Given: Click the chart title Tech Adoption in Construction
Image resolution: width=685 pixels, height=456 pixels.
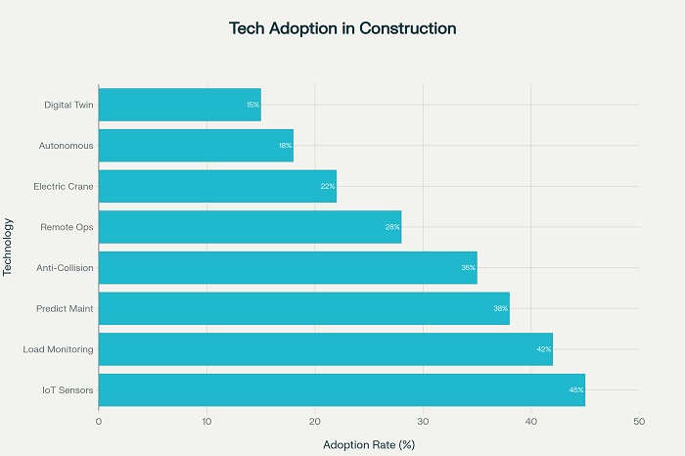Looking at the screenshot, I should click(x=342, y=28).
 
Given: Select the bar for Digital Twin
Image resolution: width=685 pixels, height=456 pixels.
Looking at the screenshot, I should click(x=179, y=105).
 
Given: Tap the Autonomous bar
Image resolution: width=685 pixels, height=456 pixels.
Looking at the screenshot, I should click(x=196, y=146).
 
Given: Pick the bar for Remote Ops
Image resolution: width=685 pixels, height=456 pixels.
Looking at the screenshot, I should click(x=250, y=227).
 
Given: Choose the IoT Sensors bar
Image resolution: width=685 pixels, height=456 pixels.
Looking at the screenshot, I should click(x=342, y=389).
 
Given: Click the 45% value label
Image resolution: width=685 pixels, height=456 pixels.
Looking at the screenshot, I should click(x=576, y=390).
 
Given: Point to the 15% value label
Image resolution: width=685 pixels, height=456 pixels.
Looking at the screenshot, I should click(x=252, y=105).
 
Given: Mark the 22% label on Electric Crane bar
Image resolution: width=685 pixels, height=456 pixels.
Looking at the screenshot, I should click(x=328, y=187).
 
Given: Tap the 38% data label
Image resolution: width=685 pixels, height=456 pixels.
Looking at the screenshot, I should click(x=501, y=308).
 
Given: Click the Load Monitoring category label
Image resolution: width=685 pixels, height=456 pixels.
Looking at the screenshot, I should click(x=58, y=349).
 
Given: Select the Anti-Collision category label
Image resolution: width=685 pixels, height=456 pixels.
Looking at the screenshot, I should click(x=64, y=268).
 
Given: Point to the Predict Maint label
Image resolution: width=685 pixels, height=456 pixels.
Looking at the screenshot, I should click(x=65, y=308).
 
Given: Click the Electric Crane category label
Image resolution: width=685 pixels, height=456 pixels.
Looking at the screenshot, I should click(x=64, y=186).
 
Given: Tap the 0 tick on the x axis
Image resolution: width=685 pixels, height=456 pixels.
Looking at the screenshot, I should click(x=99, y=422).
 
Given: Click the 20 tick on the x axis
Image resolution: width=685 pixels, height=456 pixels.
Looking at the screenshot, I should click(x=315, y=422).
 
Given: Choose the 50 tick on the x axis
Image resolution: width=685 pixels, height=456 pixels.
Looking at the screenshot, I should click(x=639, y=422).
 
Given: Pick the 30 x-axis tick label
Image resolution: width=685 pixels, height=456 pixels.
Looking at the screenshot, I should click(x=423, y=422).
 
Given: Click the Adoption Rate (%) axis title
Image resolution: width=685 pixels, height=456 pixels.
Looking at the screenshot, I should click(x=369, y=445).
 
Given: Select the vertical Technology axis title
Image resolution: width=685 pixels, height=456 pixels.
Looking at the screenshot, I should click(x=8, y=247).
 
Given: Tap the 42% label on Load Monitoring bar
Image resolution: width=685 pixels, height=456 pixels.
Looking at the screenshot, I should click(x=544, y=349).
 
